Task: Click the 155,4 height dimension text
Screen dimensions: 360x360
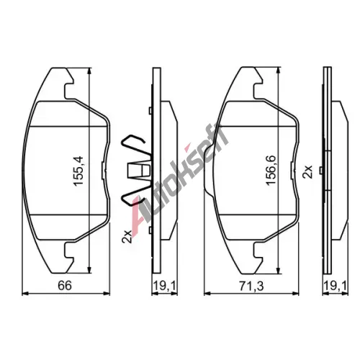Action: pos(78,171)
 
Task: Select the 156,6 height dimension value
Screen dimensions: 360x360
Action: pos(271,171)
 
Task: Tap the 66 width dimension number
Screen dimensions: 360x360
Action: pos(65,286)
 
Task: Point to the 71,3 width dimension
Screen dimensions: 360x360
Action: pos(251,286)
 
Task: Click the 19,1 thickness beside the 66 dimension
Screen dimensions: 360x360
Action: pos(164,286)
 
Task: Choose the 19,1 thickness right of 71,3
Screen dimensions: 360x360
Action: pos(335,286)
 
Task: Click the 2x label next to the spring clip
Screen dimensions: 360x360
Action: pos(127,237)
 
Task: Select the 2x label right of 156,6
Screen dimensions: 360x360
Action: pos(307,171)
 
